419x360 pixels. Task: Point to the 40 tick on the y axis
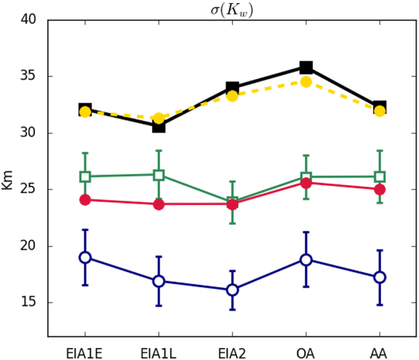point(31,20)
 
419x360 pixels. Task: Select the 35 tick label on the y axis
point(31,77)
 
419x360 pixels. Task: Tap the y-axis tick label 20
point(31,247)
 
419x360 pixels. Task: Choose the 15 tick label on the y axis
point(31,303)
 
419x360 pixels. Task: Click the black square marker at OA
point(306,67)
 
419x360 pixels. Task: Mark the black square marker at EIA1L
point(159,126)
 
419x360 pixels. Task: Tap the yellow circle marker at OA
point(306,82)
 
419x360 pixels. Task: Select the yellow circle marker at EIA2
point(232,95)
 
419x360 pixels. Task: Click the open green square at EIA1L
point(159,175)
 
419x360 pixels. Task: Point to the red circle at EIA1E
point(85,200)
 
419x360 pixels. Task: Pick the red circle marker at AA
point(379,189)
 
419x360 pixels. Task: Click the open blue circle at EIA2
point(232,290)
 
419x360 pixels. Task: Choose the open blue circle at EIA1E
point(85,257)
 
